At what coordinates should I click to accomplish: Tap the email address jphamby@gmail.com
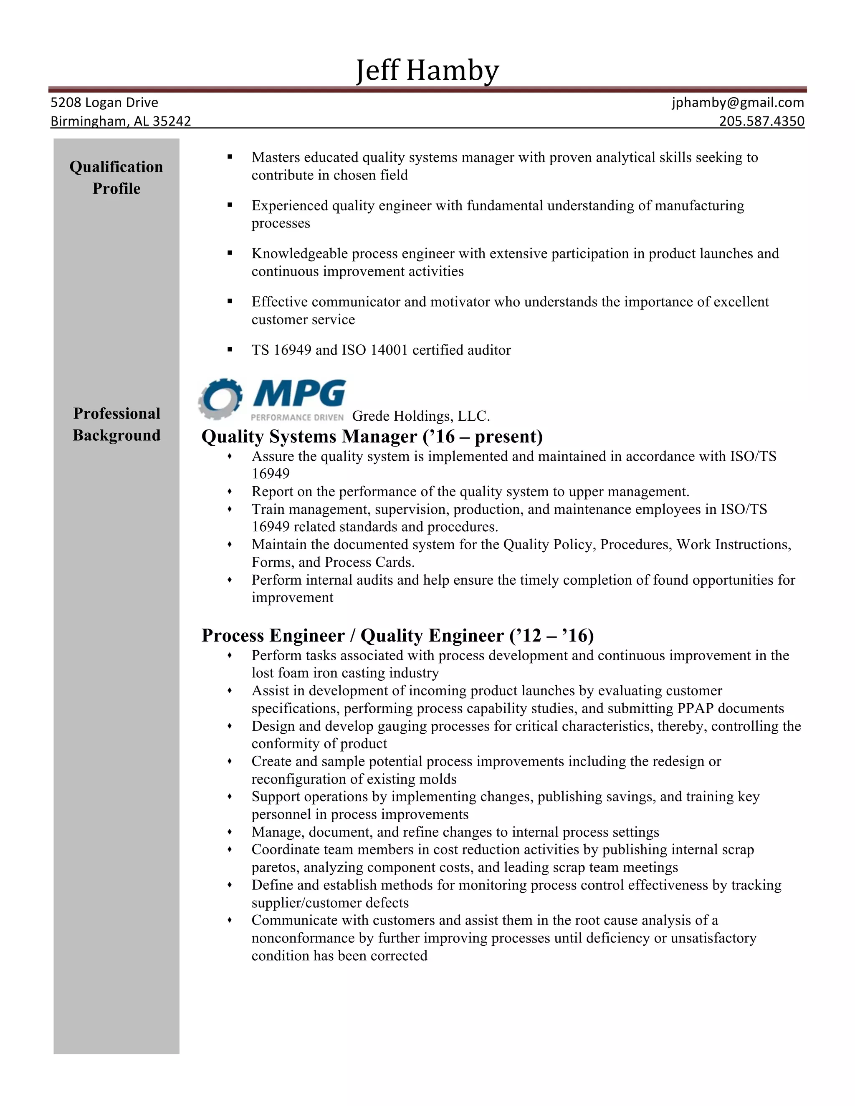point(738,102)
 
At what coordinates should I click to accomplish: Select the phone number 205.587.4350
point(761,121)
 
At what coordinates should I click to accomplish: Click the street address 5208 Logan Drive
point(104,102)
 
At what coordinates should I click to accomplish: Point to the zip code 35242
point(173,121)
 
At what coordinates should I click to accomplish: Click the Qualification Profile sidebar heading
point(116,177)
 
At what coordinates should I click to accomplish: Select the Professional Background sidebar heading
point(116,424)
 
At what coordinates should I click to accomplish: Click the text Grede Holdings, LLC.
point(420,416)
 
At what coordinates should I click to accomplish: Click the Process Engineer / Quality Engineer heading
point(397,635)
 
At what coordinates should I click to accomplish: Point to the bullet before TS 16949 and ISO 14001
point(230,349)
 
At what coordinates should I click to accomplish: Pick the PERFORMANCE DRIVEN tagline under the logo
point(297,417)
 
